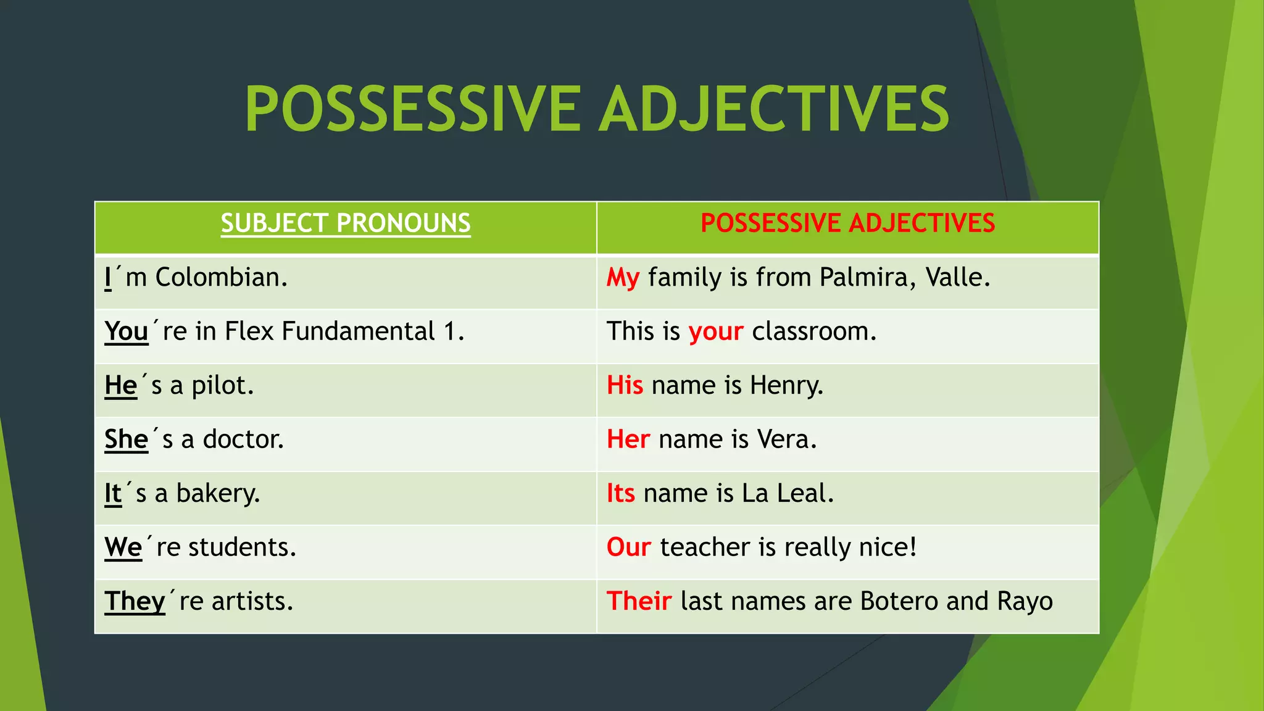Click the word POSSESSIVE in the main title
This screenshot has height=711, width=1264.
pos(412,109)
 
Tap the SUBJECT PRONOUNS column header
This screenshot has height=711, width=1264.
pos(346,223)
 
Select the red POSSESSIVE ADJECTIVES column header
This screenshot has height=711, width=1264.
pos(847,223)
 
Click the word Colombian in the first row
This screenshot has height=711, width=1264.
pos(220,278)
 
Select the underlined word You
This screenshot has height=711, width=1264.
pos(127,332)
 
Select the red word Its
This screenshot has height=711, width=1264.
pos(620,494)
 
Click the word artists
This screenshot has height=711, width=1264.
pos(251,602)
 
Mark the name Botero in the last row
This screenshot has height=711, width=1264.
pos(899,602)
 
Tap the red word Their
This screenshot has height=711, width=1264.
pos(639,602)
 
